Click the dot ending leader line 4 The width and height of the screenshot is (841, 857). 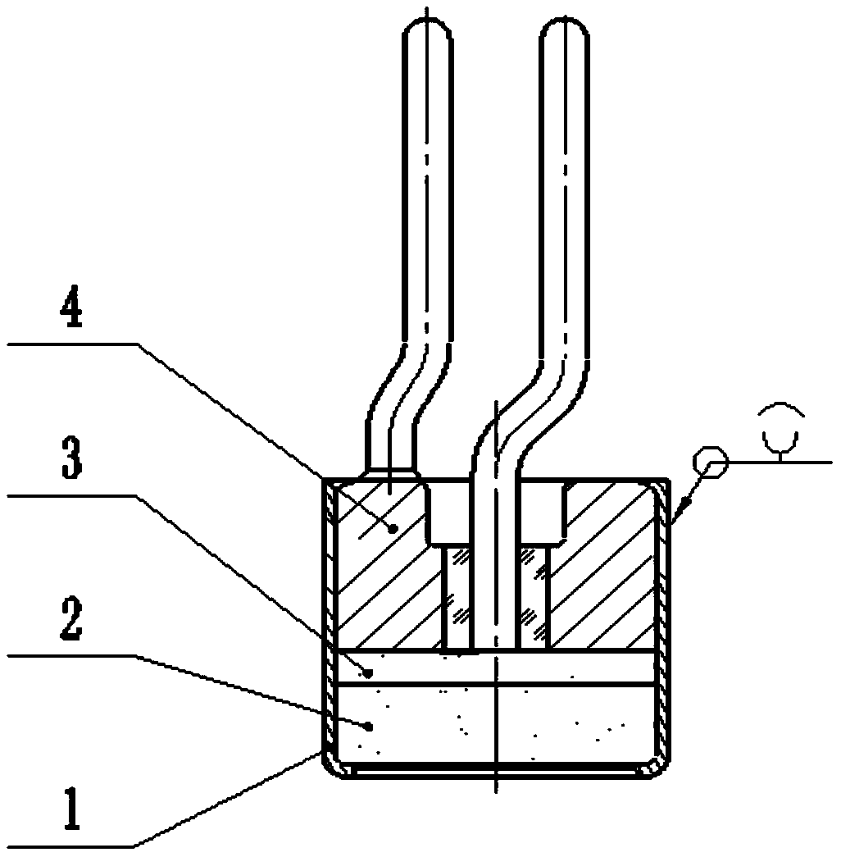[393, 529]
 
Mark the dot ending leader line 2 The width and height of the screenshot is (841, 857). [370, 725]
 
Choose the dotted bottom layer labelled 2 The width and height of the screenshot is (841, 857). [574, 722]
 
